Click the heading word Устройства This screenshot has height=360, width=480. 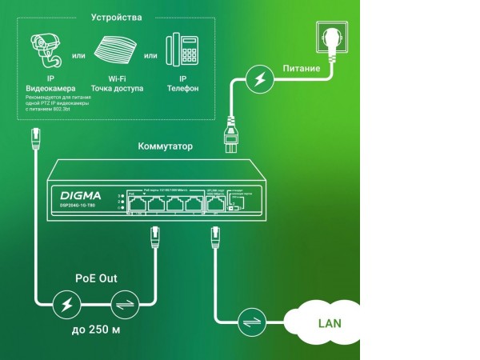pyautogui.click(x=117, y=17)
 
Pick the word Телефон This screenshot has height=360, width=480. pyautogui.click(x=183, y=88)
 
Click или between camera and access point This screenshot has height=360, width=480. pyautogui.click(x=79, y=56)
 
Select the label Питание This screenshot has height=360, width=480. pyautogui.click(x=302, y=69)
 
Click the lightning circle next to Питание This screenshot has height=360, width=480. pyautogui.click(x=258, y=79)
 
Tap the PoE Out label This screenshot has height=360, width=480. pyautogui.click(x=97, y=278)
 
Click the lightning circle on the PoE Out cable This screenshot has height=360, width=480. pyautogui.click(x=65, y=306)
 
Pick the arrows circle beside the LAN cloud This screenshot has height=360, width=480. pyautogui.click(x=251, y=323)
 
